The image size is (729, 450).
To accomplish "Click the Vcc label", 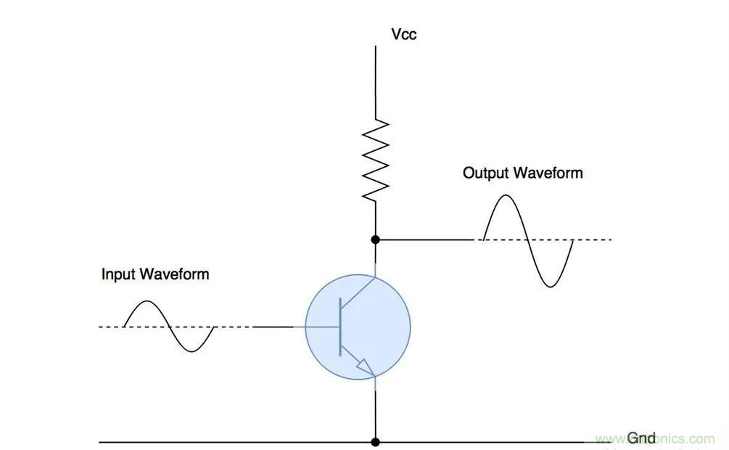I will click(x=403, y=33).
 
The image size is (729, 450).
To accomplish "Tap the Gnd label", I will click(x=641, y=438).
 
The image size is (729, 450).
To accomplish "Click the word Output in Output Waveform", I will click(x=485, y=173).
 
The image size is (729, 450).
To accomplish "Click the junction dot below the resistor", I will click(x=376, y=239).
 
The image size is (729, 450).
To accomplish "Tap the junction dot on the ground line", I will click(x=376, y=441).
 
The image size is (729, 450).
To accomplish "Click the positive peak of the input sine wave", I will click(x=147, y=303).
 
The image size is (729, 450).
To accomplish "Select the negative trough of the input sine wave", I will click(x=191, y=351).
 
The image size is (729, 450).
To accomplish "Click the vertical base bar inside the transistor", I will click(x=339, y=327).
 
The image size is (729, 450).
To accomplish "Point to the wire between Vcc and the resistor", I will click(x=376, y=80).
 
